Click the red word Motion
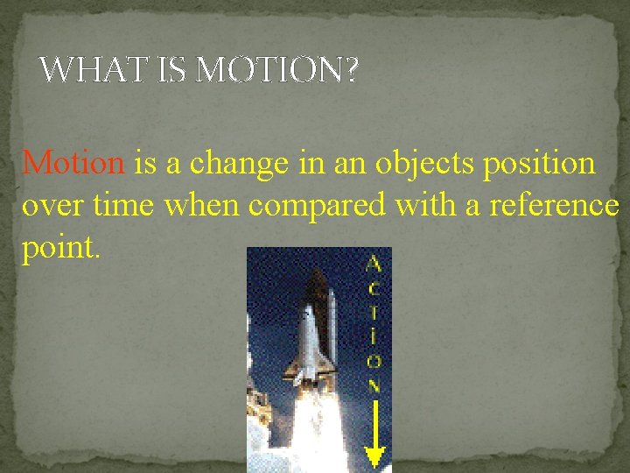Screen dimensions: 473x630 pos(74,163)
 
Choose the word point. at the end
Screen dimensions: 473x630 pos(61,249)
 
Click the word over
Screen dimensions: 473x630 pos(52,206)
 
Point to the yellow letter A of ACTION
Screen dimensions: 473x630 pos(374,263)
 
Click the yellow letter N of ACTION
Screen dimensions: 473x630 pos(374,385)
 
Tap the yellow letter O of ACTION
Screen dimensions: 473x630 pos(374,361)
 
